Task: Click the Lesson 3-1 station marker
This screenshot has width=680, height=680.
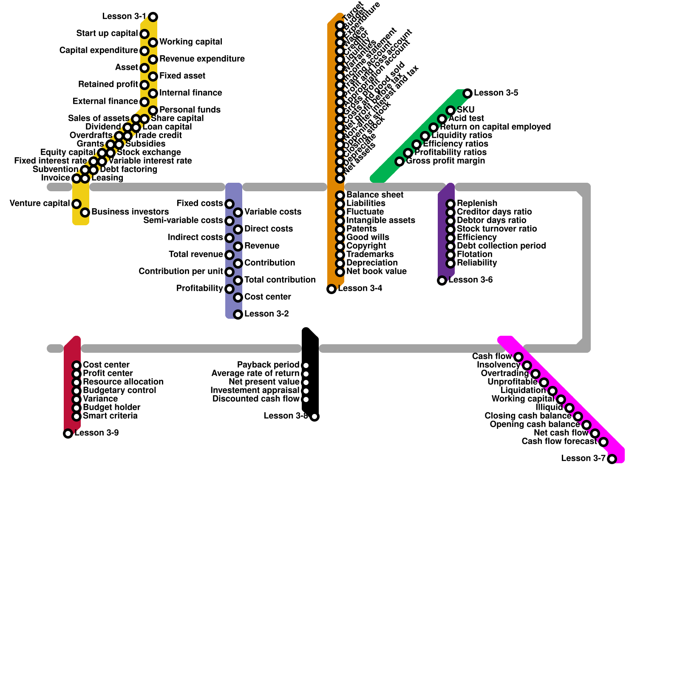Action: click(153, 17)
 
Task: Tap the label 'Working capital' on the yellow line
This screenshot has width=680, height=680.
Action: click(190, 42)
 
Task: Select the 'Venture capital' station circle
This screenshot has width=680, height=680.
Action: click(76, 204)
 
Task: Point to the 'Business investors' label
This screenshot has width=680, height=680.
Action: click(130, 212)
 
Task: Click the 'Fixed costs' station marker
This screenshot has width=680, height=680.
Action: click(229, 204)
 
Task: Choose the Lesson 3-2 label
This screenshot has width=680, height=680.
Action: click(266, 314)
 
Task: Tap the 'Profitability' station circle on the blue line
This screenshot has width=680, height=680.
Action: click(229, 289)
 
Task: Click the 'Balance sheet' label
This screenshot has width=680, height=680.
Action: click(375, 195)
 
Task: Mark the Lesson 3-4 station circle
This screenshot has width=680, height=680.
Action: click(331, 289)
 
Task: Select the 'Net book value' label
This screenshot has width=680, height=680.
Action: click(377, 271)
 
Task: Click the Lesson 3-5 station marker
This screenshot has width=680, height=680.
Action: click(467, 93)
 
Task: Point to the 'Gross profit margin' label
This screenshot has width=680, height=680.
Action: click(445, 161)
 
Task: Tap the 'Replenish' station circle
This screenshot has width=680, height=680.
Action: click(450, 204)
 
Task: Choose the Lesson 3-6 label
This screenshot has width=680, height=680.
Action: click(470, 280)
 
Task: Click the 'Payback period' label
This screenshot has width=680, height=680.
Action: click(268, 365)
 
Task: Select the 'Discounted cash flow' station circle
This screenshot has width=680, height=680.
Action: click(306, 399)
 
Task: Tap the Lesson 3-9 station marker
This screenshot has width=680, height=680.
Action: click(68, 433)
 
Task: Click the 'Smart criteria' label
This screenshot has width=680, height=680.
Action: click(110, 416)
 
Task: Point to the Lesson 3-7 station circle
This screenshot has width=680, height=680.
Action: click(612, 459)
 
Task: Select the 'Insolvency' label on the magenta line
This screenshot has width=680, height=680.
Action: click(498, 365)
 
